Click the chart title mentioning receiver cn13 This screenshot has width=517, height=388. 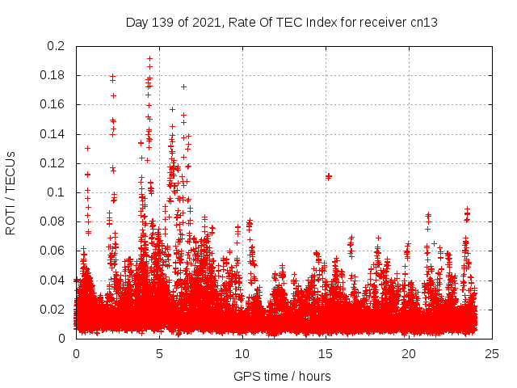pyautogui.click(x=282, y=22)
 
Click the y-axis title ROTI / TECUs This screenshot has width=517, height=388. pyautogui.click(x=11, y=192)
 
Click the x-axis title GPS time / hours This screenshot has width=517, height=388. pyautogui.click(x=282, y=376)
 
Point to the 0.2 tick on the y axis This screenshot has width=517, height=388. pyautogui.click(x=56, y=46)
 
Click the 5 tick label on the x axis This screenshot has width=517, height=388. pyautogui.click(x=159, y=353)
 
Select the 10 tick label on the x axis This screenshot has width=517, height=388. pyautogui.click(x=242, y=353)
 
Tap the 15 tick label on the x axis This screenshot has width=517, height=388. pyautogui.click(x=326, y=353)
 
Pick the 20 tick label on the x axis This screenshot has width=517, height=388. pyautogui.click(x=409, y=353)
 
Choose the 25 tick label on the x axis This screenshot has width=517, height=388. pyautogui.click(x=492, y=353)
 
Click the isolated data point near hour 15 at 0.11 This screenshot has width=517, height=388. pyautogui.click(x=328, y=176)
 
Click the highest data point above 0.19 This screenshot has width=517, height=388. pyautogui.click(x=149, y=58)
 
